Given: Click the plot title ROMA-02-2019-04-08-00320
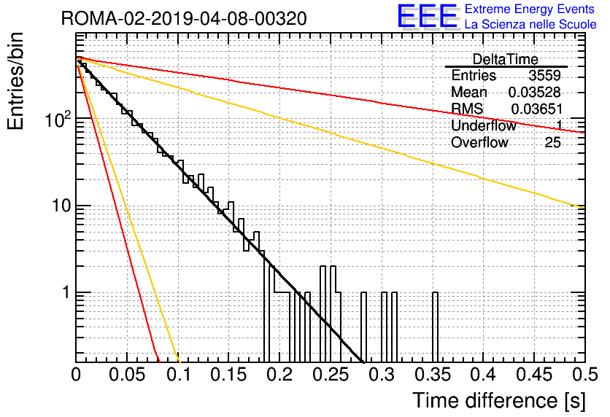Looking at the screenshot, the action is (x=184, y=18).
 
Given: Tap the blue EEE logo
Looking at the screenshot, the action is (x=427, y=16).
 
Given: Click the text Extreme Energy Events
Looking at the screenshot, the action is (x=530, y=9).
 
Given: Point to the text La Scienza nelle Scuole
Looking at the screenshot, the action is (x=530, y=24).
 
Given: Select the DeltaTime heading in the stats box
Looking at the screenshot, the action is (x=506, y=59).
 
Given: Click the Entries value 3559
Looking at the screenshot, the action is (x=544, y=75).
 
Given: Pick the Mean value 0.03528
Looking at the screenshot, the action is (x=535, y=92).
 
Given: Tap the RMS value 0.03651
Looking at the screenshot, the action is (x=536, y=109).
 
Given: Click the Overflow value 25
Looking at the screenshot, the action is (x=552, y=143).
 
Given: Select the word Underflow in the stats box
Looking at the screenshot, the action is (x=484, y=125).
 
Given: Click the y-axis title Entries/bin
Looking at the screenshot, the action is (x=15, y=81).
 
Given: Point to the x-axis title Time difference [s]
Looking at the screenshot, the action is (x=499, y=400).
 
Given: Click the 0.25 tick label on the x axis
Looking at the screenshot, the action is (x=331, y=375).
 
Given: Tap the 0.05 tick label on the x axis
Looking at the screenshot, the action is (x=127, y=375).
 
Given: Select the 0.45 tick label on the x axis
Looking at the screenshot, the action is (x=534, y=375).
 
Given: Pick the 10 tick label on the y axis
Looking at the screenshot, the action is (x=62, y=206).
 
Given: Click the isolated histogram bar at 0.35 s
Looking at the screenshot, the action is (x=436, y=327).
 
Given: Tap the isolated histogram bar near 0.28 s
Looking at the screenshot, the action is (x=364, y=327).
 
